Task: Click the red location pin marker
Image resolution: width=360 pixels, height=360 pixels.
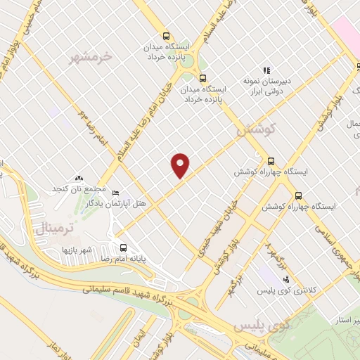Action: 181,165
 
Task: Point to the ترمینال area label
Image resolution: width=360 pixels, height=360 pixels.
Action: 50,227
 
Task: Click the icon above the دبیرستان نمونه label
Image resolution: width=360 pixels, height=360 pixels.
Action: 266,70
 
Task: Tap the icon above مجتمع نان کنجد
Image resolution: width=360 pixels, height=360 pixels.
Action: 78,179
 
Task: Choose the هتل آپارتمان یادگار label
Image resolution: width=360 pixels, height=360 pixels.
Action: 115,203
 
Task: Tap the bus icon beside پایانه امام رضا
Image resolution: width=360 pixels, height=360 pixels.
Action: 124,247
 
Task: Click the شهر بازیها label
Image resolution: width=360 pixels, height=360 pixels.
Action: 77,250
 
